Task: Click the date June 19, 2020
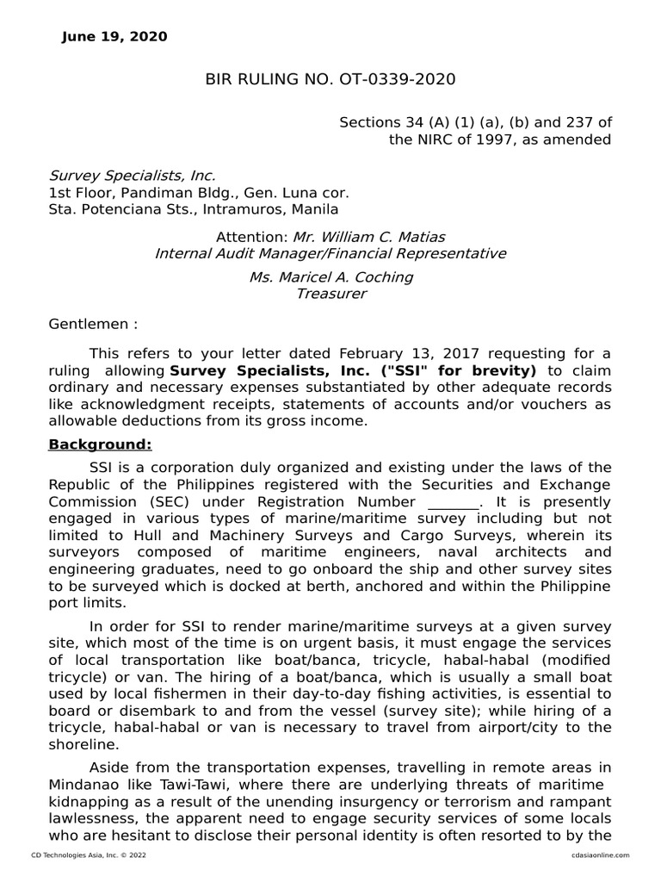pos(114,37)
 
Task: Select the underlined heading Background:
pos(100,444)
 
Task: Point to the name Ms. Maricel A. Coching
pos(330,277)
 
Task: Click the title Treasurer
pos(330,294)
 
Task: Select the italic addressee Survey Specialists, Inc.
pos(132,176)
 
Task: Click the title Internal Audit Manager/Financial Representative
pos(330,253)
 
